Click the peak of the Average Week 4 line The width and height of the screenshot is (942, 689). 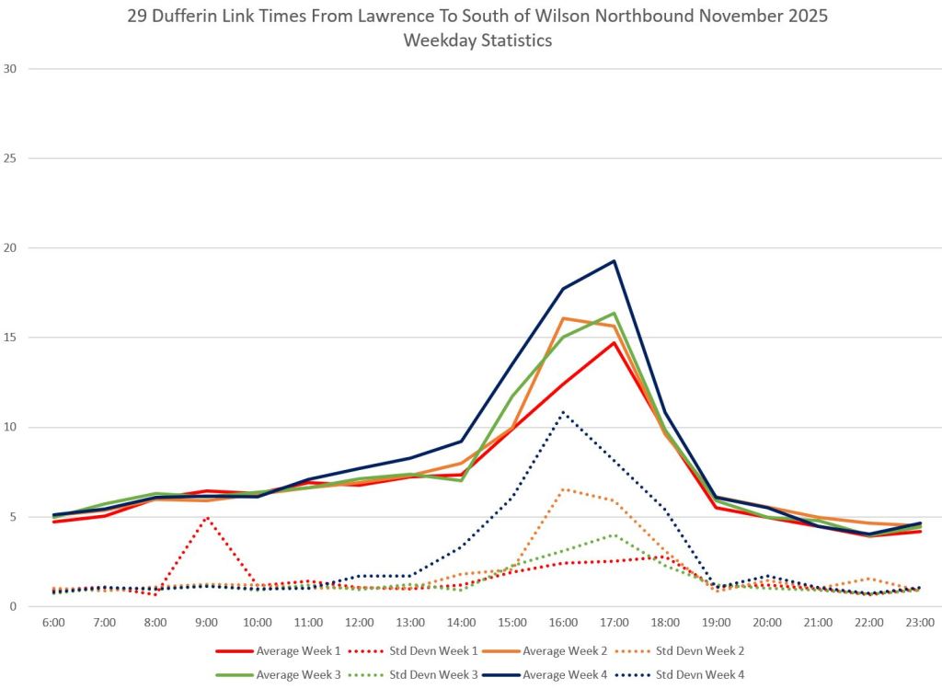tap(614, 261)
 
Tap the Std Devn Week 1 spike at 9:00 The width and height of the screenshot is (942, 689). tap(207, 517)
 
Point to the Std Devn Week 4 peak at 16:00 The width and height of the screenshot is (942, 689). tap(563, 412)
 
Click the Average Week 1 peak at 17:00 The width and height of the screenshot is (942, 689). tap(614, 343)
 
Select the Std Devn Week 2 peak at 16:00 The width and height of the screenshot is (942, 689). tap(563, 489)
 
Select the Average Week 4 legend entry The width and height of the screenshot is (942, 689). tap(568, 674)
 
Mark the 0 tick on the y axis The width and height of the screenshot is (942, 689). tap(14, 606)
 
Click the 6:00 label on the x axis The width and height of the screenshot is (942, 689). tap(53, 623)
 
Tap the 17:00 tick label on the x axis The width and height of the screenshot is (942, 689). tap(614, 623)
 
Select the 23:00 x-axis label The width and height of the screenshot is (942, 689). tap(920, 623)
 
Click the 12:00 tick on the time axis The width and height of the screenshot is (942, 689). tap(359, 623)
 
